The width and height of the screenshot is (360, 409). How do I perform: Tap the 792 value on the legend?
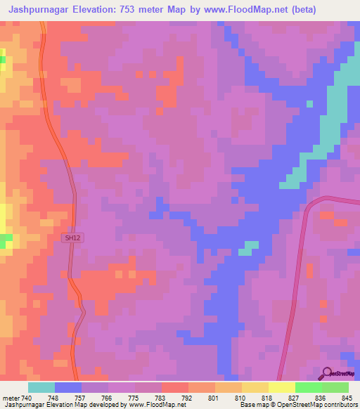186,397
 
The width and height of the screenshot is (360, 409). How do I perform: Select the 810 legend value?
240,397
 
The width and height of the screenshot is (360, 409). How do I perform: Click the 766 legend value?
107,397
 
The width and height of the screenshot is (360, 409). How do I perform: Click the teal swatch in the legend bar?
41,387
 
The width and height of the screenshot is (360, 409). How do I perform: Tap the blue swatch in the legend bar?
67,387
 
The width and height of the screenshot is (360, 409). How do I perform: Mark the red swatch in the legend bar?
174,387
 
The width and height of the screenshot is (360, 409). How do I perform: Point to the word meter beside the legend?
11,397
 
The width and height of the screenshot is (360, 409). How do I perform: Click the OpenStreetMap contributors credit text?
313,405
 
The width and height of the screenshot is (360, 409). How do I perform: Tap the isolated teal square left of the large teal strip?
309,105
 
